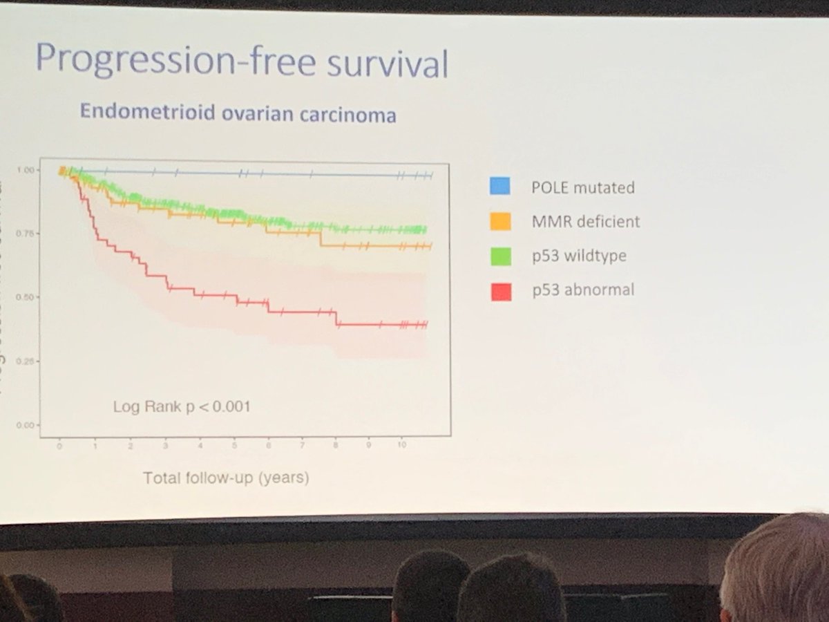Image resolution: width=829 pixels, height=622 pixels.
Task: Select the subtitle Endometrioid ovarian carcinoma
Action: pyautogui.click(x=238, y=112)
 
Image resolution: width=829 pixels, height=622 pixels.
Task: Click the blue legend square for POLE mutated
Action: pyautogui.click(x=500, y=186)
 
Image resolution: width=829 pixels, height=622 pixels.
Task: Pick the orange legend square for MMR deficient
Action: pyautogui.click(x=500, y=221)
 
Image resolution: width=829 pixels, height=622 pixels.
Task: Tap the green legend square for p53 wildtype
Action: pyautogui.click(x=501, y=256)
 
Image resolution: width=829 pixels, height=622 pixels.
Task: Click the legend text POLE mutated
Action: pyautogui.click(x=583, y=187)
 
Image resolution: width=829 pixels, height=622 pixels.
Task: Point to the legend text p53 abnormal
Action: pyautogui.click(x=583, y=290)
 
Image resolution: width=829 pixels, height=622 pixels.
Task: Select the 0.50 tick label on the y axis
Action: pyautogui.click(x=24, y=297)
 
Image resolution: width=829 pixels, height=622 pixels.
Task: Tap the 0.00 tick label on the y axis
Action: pyautogui.click(x=24, y=425)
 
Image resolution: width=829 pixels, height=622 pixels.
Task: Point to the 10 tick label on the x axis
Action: pyautogui.click(x=402, y=446)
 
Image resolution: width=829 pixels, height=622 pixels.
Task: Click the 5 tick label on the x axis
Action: pyautogui.click(x=234, y=446)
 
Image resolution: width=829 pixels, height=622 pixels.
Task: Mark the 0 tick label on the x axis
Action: pyautogui.click(x=60, y=446)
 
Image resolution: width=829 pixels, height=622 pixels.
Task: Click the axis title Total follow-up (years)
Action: pyautogui.click(x=226, y=478)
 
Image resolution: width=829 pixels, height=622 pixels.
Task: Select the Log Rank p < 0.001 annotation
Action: pyautogui.click(x=182, y=406)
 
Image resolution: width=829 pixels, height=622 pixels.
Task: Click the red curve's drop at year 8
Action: pyautogui.click(x=336, y=319)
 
